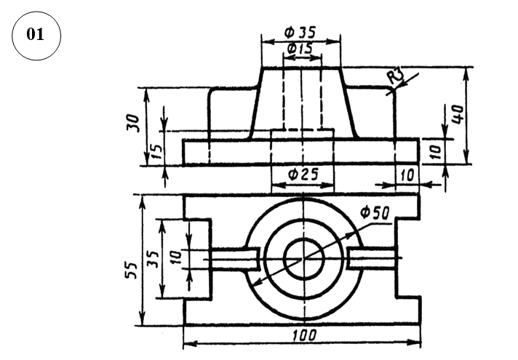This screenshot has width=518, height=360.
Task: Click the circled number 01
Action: (36, 35)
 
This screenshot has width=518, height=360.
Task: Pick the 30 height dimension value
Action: (133, 121)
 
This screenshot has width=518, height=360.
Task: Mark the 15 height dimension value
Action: (156, 151)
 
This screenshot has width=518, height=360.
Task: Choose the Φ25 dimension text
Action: (301, 175)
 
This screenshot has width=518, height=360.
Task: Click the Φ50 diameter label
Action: (375, 213)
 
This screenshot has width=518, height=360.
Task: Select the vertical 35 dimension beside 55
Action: (152, 258)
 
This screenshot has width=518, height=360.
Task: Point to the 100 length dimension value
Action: (302, 336)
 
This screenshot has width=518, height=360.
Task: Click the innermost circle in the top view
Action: (302, 258)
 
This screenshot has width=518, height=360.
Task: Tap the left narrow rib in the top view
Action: (233, 257)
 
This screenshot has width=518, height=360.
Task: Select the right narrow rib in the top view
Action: (372, 257)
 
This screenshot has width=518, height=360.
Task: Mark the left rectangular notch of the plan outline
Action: (197, 258)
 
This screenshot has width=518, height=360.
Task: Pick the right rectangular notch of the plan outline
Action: (408, 258)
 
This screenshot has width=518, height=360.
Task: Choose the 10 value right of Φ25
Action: (407, 175)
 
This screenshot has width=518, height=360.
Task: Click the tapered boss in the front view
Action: (302, 102)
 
